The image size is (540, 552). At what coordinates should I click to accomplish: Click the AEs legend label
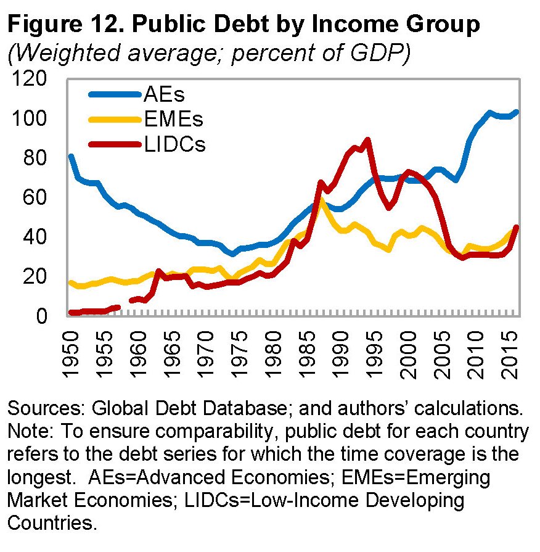[x=164, y=95]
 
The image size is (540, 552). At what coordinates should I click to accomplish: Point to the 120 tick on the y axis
[x=30, y=79]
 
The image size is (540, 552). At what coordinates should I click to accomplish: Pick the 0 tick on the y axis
[x=43, y=316]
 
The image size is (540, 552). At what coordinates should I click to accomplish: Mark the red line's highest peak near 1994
[x=367, y=140]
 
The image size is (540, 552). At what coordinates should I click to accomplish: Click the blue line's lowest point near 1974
[x=232, y=254]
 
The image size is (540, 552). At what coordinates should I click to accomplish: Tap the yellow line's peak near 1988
[x=321, y=200]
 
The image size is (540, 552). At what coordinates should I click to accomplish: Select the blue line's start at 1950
[x=70, y=156]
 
